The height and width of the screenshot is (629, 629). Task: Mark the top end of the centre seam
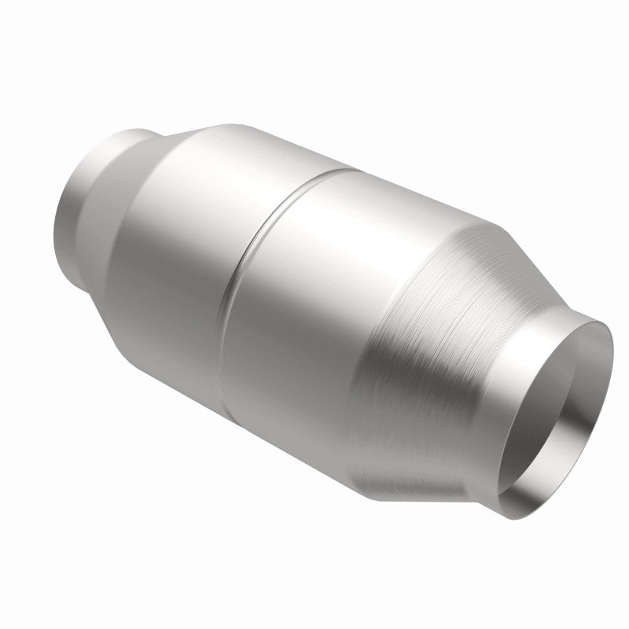tap(346, 167)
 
